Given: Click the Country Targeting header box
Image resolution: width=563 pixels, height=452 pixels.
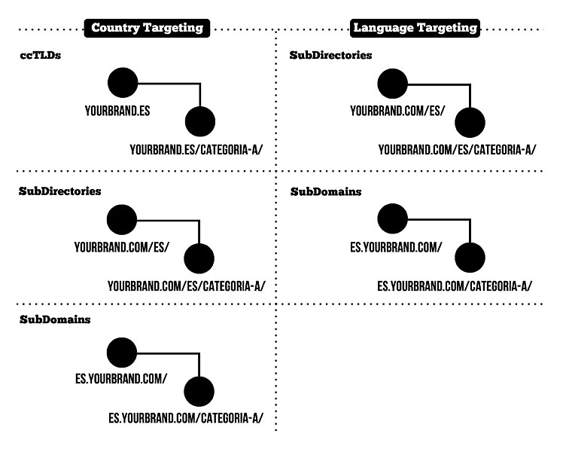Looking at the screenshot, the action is coord(147,28).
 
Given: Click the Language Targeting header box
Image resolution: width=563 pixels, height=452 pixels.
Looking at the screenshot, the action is coord(415,28).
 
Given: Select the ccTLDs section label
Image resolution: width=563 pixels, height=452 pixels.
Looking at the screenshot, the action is coord(41,55).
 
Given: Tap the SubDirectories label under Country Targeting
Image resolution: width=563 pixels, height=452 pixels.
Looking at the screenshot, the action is coord(60,191).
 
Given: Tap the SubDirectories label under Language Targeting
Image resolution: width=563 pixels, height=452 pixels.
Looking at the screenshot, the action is coord(330,55).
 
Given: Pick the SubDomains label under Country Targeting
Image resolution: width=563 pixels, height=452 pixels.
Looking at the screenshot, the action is coord(55,319).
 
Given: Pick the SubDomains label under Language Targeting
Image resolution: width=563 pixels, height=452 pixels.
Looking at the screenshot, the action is coord(326,192).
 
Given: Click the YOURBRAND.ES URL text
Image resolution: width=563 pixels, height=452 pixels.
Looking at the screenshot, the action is coord(117,111).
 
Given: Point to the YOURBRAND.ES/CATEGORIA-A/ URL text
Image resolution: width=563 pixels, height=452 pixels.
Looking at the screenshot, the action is coord(196,149).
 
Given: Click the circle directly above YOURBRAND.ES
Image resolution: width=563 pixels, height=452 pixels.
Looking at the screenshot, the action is coord(123,83).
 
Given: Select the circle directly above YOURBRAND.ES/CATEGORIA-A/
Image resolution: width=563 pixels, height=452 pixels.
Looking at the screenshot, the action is coord(200,121).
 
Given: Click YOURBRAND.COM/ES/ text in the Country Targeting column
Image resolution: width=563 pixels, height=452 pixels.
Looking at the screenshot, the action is coord(121,247).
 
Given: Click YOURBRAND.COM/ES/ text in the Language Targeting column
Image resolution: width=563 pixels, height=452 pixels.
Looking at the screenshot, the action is coord(397,111).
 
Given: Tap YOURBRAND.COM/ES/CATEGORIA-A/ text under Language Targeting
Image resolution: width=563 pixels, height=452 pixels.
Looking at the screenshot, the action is coord(457,149).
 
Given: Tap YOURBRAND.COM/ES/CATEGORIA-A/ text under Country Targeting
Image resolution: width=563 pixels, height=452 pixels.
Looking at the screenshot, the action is coord(187,286).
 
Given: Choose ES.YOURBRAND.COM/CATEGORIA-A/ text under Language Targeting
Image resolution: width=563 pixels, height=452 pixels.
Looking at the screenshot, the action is coord(455,286).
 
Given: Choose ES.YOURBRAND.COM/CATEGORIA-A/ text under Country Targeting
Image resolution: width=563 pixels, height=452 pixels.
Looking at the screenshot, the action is coord(186,418).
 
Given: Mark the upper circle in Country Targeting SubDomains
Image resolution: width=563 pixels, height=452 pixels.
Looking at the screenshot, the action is coord(122,353).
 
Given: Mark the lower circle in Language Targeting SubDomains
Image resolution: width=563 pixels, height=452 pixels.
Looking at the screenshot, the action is coord(470,257).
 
